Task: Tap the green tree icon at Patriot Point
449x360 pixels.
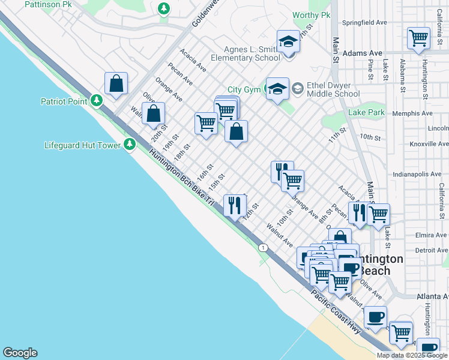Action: pos(95,101)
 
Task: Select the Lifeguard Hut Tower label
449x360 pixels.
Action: pos(82,145)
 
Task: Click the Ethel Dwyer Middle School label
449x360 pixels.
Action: pos(333,89)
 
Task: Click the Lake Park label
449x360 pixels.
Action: pos(366,112)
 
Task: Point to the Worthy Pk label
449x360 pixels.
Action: pos(312,15)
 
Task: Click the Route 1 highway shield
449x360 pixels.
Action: pos(262,247)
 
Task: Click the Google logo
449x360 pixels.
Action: pos(20,353)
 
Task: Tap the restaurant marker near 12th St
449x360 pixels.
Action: pos(233,205)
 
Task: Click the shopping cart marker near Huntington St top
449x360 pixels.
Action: pos(418,38)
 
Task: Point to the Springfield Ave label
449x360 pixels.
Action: pos(364,23)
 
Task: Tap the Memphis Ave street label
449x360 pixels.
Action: pos(412,113)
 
